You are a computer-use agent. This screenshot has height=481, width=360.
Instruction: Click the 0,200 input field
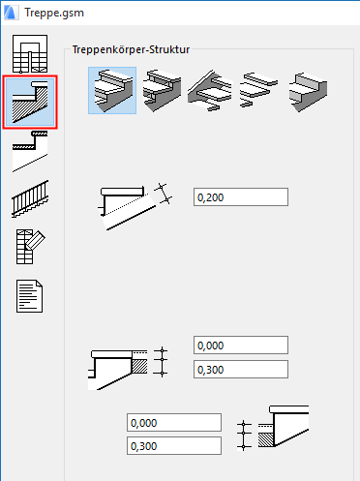[240, 197]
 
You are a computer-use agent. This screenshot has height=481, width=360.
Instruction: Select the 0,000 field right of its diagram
[240, 346]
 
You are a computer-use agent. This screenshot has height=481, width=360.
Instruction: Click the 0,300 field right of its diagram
[240, 368]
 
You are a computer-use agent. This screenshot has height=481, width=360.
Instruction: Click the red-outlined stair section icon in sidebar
[31, 102]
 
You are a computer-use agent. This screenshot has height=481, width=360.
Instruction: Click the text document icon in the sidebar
[31, 294]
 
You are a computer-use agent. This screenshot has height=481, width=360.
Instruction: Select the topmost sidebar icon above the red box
[31, 54]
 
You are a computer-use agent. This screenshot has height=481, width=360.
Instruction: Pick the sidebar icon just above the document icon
[31, 247]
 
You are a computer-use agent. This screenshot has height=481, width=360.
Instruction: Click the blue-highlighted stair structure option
[112, 90]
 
